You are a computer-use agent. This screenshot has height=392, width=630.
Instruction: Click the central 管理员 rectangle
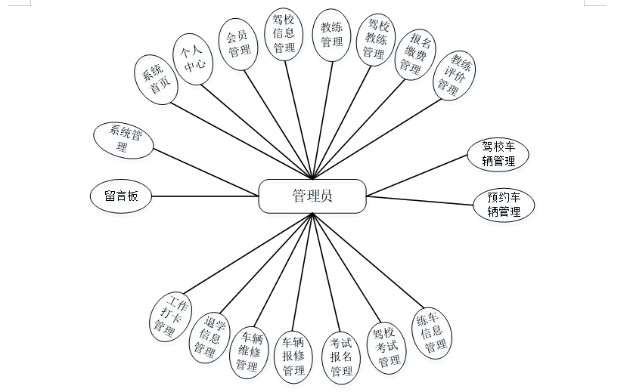tap(312, 196)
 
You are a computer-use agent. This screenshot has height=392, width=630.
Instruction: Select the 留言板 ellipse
tap(121, 196)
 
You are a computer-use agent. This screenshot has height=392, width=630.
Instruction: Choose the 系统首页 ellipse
tap(155, 79)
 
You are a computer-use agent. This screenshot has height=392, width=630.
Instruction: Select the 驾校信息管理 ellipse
tap(284, 33)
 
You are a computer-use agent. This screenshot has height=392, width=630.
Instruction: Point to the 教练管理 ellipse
tap(331, 34)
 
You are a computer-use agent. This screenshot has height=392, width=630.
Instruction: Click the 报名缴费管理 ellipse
tap(414, 54)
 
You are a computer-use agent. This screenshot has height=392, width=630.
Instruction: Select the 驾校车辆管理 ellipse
tap(498, 154)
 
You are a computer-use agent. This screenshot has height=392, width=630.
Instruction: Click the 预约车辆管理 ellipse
tap(504, 205)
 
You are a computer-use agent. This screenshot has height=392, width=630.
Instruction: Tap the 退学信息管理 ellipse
tap(209, 337)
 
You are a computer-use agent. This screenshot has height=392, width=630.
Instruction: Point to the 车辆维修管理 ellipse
tap(250, 351)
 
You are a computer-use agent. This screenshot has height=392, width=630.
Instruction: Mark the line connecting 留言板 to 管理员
tap(205, 196)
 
